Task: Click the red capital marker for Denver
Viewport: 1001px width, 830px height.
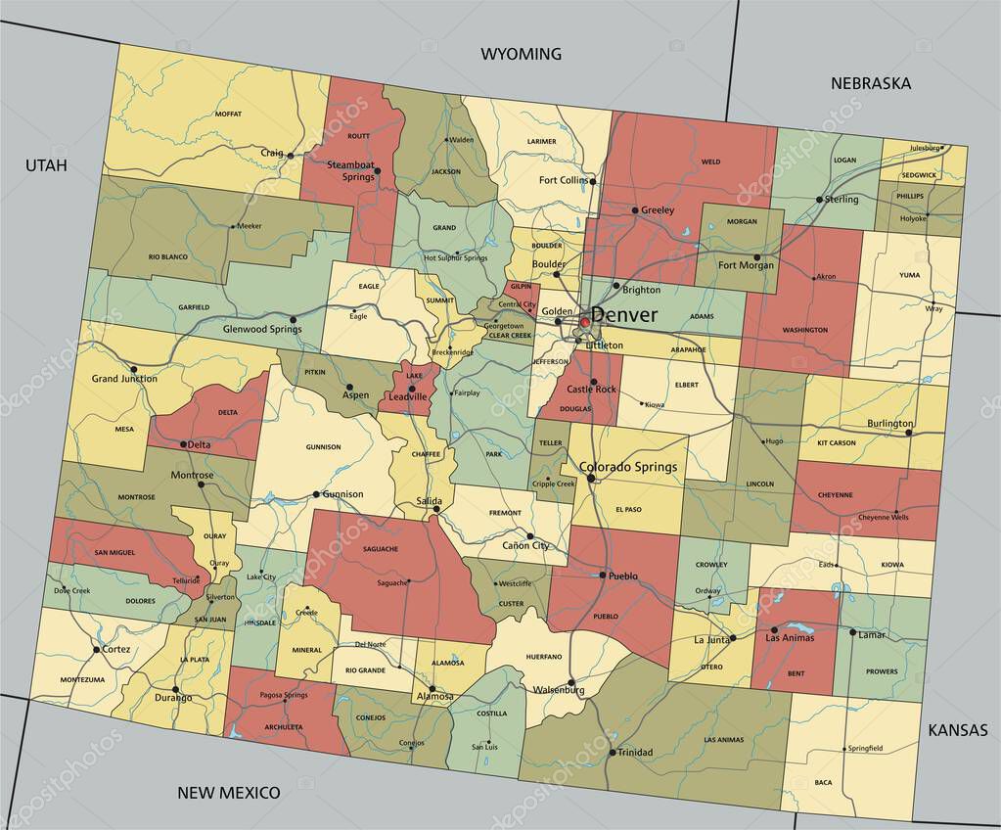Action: [x=585, y=321]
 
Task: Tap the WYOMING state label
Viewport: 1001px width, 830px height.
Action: [x=521, y=54]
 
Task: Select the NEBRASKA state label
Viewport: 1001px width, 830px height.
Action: [x=870, y=83]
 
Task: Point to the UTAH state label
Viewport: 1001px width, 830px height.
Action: [x=46, y=165]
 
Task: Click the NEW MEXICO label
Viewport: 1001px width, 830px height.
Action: [x=228, y=792]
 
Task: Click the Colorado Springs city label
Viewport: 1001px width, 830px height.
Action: [x=628, y=467]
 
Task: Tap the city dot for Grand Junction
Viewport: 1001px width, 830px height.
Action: [x=134, y=369]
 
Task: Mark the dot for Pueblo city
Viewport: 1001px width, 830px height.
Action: [x=603, y=576]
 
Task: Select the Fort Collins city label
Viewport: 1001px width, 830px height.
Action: [x=564, y=180]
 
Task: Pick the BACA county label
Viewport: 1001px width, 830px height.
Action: [x=824, y=782]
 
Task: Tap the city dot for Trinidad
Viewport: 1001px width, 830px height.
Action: [x=612, y=752]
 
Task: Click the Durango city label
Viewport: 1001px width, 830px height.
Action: [x=173, y=699]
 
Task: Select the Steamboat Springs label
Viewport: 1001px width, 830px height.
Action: [x=350, y=170]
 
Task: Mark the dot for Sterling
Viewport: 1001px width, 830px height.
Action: [x=819, y=200]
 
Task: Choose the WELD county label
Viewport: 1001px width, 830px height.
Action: [x=710, y=161]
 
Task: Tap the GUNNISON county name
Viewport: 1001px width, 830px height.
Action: [x=323, y=447]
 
